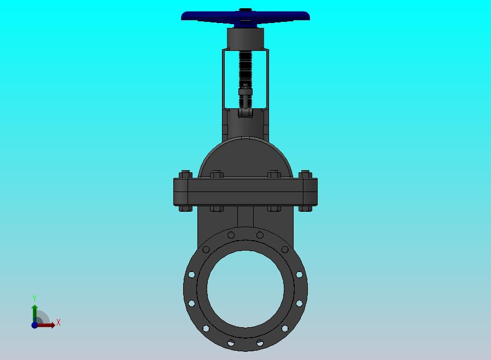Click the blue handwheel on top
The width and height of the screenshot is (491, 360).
[x=245, y=16]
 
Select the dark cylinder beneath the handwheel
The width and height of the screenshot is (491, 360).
[x=245, y=38]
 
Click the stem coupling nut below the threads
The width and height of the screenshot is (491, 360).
[x=245, y=91]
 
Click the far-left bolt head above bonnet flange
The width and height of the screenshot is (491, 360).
[x=185, y=175]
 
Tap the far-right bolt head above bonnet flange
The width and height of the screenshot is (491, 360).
[x=305, y=175]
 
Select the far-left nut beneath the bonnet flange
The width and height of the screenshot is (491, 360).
[x=185, y=208]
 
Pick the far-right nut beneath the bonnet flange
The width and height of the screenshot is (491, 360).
[x=305, y=208]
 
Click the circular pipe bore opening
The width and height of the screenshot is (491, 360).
[x=245, y=289]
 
